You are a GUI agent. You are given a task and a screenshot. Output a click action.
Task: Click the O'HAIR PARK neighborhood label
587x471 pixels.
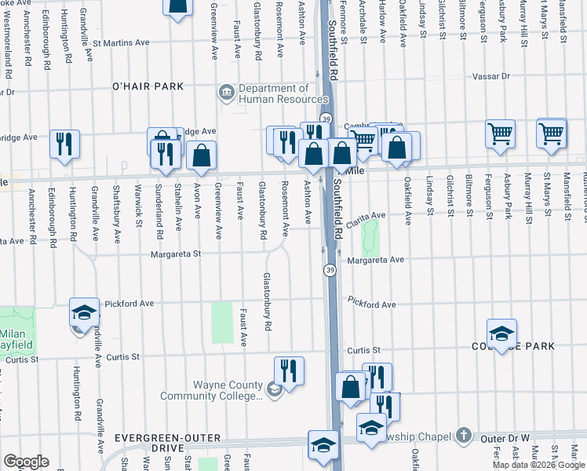point(148,86)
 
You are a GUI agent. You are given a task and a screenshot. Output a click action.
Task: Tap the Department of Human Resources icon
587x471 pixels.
point(227,93)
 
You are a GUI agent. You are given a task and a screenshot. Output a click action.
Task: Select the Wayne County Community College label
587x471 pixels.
point(211,390)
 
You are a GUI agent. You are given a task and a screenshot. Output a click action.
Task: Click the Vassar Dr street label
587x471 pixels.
point(490,77)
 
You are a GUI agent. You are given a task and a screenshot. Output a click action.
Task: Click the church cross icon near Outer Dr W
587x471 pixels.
point(463,435)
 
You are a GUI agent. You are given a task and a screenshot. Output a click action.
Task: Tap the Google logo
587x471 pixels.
point(25,461)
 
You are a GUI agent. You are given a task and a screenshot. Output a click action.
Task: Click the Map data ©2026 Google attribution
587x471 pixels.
point(539,465)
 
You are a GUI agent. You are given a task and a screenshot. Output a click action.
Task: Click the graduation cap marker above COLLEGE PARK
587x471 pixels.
point(501,332)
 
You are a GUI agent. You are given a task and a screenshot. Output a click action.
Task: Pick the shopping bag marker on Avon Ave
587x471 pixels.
point(202,156)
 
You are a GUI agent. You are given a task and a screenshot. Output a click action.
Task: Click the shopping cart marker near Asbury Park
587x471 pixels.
point(500,134)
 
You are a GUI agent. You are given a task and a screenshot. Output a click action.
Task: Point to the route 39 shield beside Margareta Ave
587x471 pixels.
point(330,269)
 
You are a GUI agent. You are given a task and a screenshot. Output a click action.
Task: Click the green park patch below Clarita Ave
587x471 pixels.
point(370,232)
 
